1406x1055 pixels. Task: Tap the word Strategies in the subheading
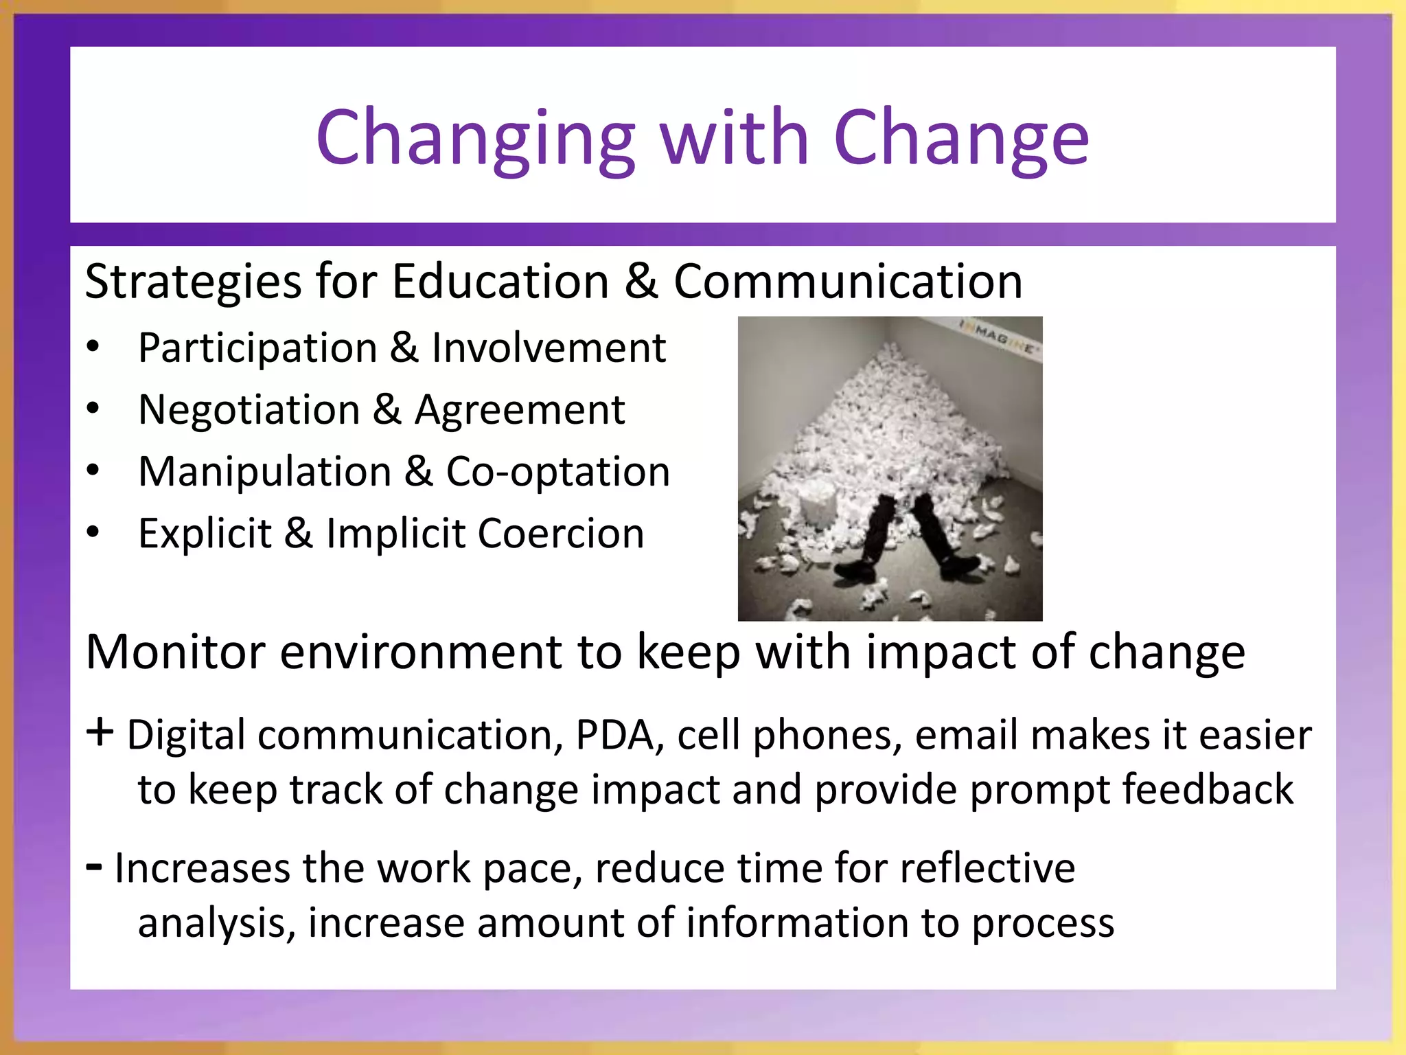click(x=193, y=282)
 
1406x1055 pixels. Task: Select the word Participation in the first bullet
click(x=257, y=348)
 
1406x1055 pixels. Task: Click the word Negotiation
click(x=249, y=410)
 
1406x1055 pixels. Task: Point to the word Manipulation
click(x=264, y=472)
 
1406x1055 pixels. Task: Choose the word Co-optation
click(x=557, y=472)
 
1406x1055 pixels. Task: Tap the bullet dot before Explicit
click(x=93, y=532)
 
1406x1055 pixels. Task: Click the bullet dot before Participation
click(x=93, y=347)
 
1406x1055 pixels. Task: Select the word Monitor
click(x=175, y=652)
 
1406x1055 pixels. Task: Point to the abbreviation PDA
click(x=614, y=736)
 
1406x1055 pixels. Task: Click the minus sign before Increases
click(x=95, y=867)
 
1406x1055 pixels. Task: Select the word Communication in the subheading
click(x=848, y=282)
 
